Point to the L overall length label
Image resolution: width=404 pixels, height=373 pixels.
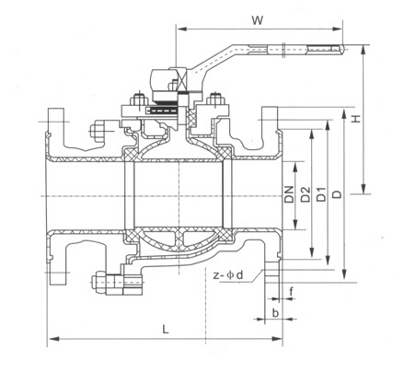165,328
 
